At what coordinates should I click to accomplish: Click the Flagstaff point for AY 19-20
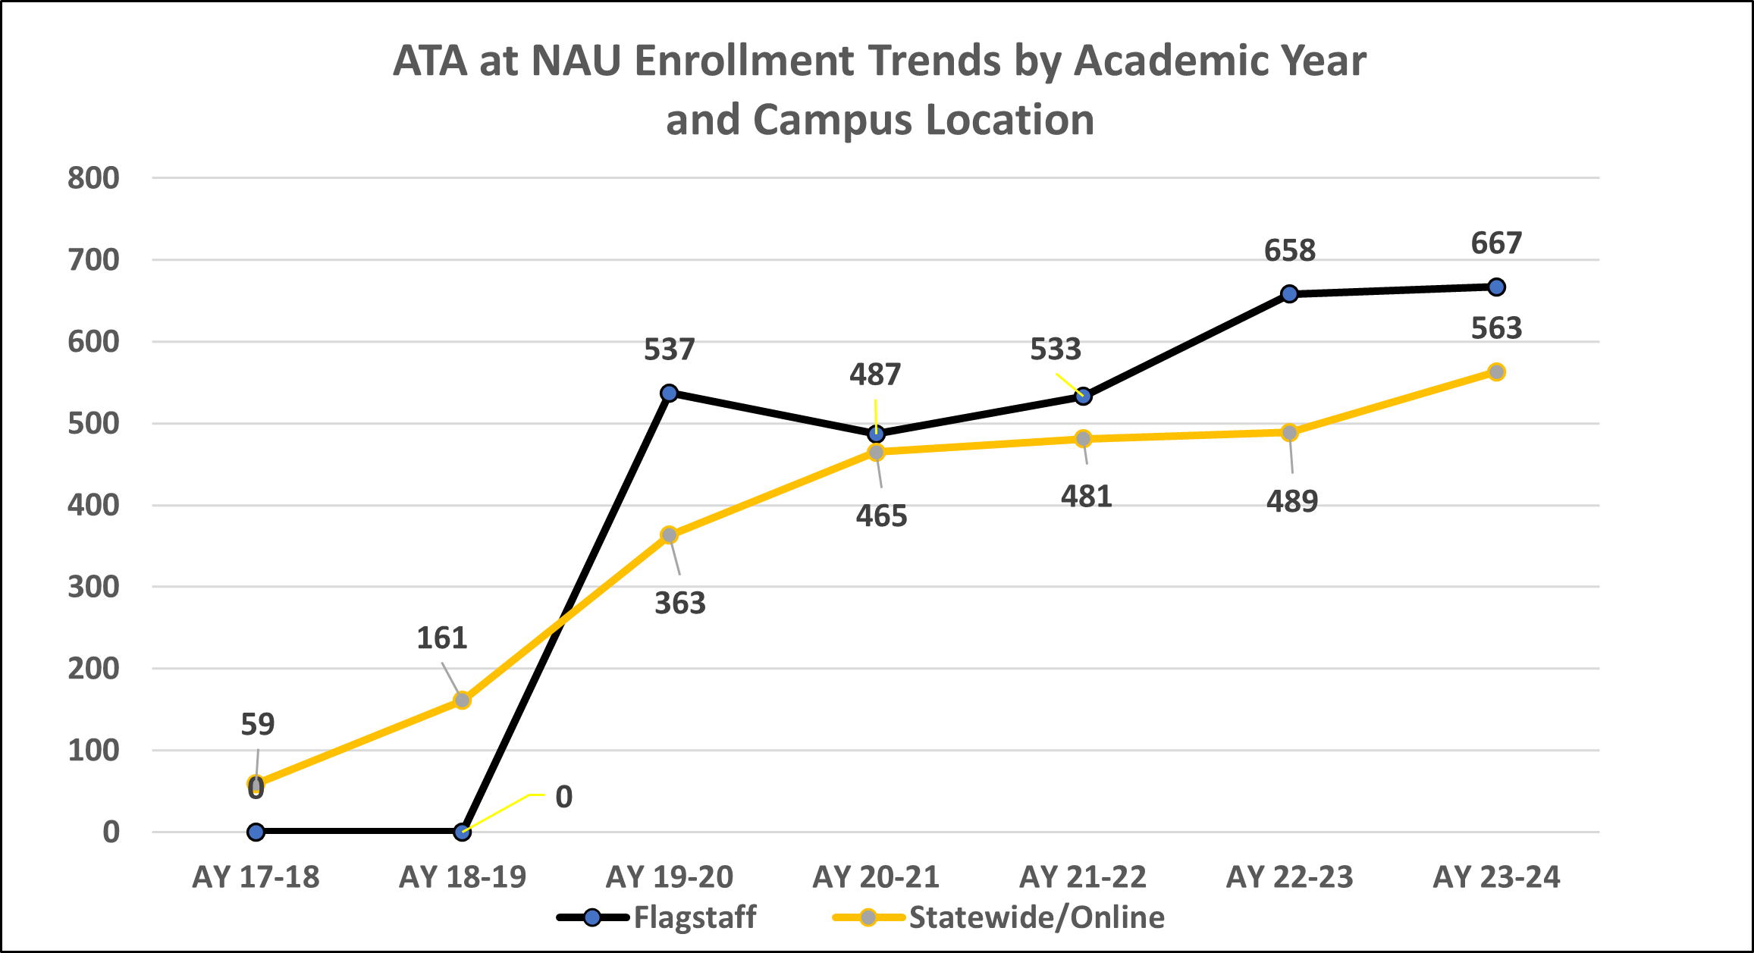pyautogui.click(x=669, y=393)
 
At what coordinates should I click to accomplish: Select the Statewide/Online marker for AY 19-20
pyautogui.click(x=669, y=535)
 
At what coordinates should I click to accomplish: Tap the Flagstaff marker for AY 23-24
pyautogui.click(x=1496, y=287)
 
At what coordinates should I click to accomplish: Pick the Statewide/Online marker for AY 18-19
pyautogui.click(x=462, y=700)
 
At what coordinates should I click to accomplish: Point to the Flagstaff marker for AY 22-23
pyautogui.click(x=1289, y=293)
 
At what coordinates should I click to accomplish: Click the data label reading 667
pyautogui.click(x=1496, y=243)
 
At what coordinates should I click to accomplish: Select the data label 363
pyautogui.click(x=680, y=603)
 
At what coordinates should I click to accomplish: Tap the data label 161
pyautogui.click(x=442, y=638)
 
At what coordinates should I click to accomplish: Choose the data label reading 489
pyautogui.click(x=1292, y=501)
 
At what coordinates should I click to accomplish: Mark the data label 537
pyautogui.click(x=669, y=350)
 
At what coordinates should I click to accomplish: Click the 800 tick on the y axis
pyautogui.click(x=94, y=178)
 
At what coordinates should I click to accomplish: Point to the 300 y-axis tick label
pyautogui.click(x=94, y=587)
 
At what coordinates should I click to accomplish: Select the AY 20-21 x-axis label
pyautogui.click(x=876, y=877)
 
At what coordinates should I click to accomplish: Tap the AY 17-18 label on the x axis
pyautogui.click(x=256, y=877)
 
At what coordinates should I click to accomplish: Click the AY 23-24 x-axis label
pyautogui.click(x=1496, y=877)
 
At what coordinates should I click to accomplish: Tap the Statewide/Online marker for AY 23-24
pyautogui.click(x=1496, y=371)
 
